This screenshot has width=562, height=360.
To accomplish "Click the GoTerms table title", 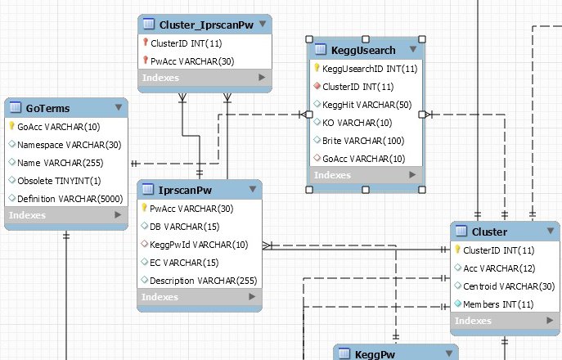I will click(x=47, y=107).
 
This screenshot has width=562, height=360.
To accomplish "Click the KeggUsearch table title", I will click(x=365, y=50).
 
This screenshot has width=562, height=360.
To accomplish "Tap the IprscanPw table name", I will click(x=182, y=190).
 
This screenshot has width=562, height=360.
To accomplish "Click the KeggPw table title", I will click(x=374, y=354).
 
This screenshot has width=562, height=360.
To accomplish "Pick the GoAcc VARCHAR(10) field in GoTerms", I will click(x=58, y=127).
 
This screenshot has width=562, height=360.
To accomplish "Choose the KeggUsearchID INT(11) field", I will click(x=370, y=69).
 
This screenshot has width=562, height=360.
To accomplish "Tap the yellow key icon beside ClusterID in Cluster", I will click(x=458, y=250).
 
